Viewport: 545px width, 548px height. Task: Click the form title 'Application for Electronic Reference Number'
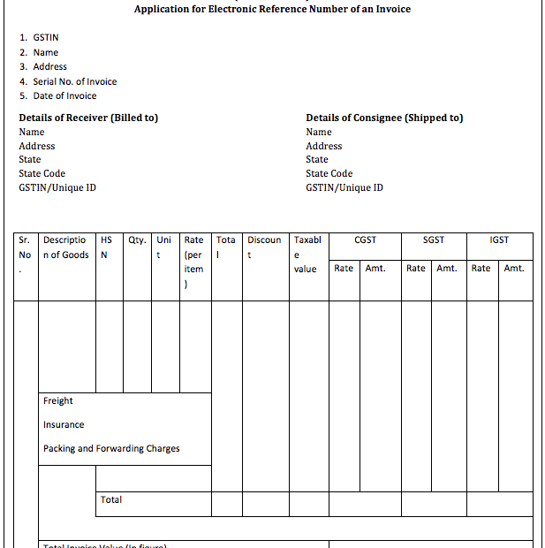click(272, 10)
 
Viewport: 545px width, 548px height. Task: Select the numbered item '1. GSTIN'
click(39, 38)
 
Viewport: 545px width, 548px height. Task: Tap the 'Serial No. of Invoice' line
click(68, 81)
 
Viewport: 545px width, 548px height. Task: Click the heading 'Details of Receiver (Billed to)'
click(88, 118)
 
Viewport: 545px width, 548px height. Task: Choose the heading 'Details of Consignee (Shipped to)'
click(384, 118)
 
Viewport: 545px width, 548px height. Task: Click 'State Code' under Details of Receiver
click(42, 173)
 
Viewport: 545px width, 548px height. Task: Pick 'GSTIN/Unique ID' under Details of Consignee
click(344, 187)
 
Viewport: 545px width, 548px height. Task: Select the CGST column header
click(365, 240)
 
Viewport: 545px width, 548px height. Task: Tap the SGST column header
click(434, 240)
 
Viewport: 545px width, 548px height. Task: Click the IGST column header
click(499, 240)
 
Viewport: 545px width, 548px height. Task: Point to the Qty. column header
click(137, 240)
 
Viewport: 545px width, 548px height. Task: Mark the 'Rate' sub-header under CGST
click(344, 268)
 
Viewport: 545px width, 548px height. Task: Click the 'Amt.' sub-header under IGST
click(514, 268)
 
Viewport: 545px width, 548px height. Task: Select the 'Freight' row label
click(58, 401)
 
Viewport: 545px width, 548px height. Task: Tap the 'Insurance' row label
click(64, 425)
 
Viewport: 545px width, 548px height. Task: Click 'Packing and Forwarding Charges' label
click(111, 449)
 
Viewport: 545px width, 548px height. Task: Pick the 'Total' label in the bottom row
click(111, 499)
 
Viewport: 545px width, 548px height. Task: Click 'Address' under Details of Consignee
click(324, 146)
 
